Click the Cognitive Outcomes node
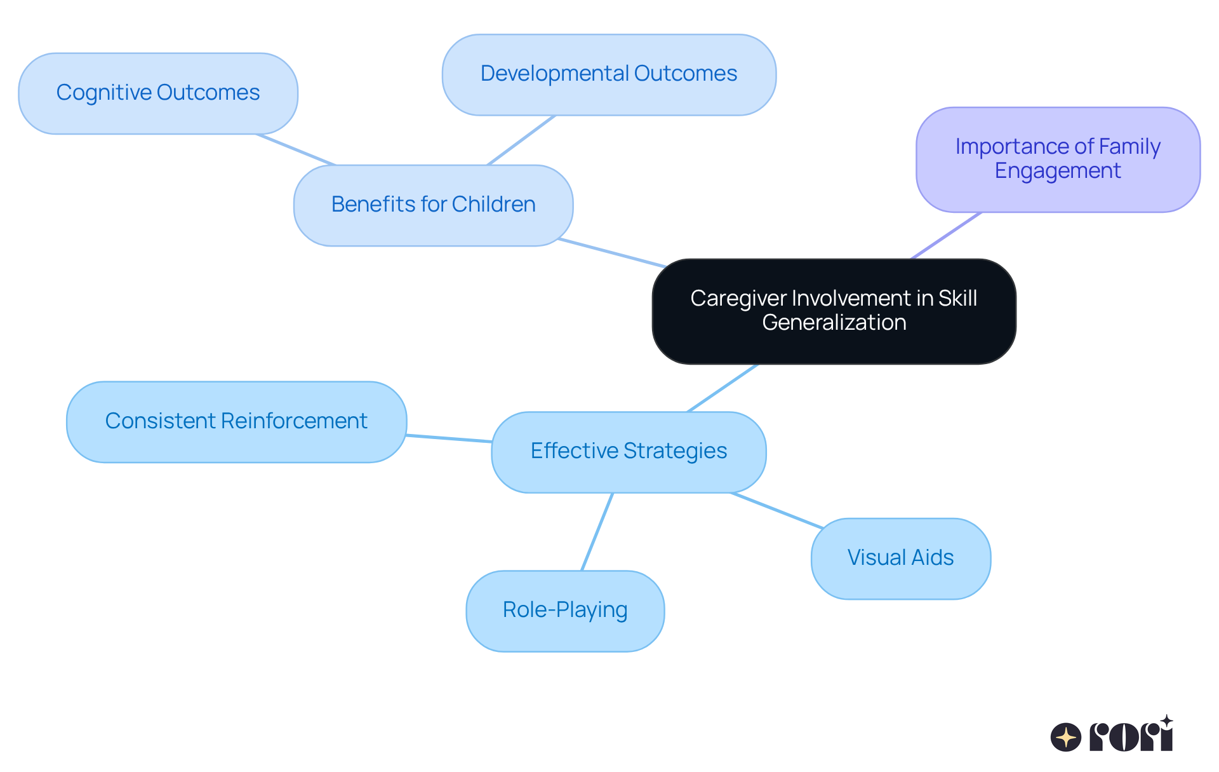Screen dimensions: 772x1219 pos(158,93)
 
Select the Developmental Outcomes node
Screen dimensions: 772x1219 pos(609,74)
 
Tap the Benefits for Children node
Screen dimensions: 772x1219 pos(433,205)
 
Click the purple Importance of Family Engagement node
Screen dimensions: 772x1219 pos(1058,159)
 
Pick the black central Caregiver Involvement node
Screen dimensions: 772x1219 pos(834,311)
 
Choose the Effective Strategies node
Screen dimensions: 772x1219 pos(629,451)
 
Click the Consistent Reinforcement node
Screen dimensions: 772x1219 pos(236,421)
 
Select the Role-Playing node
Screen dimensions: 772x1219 pos(565,610)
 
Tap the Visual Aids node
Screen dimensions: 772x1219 pos(900,558)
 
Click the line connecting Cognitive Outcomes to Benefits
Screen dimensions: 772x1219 pos(296,150)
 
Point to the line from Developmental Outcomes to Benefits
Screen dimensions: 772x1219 pos(521,140)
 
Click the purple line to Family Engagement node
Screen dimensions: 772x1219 pos(947,236)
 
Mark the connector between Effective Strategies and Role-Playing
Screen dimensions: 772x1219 pos(597,532)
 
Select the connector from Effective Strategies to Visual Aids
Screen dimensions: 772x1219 pos(777,510)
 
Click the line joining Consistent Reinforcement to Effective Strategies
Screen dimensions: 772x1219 pos(449,438)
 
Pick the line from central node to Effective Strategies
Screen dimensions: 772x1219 pos(723,388)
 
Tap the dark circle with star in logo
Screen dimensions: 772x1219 pos(1065,738)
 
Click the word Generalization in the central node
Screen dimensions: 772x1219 pos(834,323)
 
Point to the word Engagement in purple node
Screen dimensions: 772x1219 pos(1058,171)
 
